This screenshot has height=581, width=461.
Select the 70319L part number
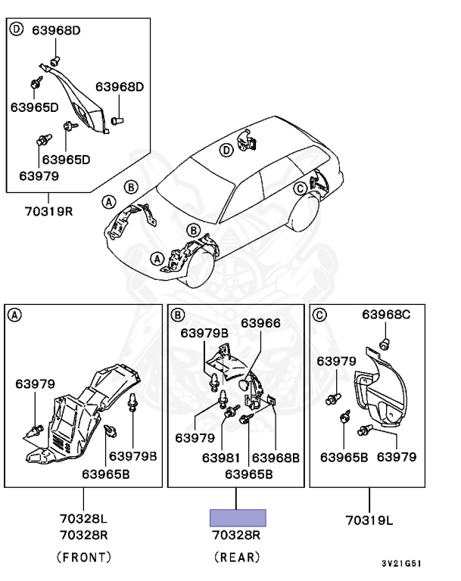click(370, 520)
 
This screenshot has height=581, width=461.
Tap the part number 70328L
click(83, 519)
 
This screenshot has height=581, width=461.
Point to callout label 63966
click(260, 323)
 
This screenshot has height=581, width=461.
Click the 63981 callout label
click(221, 457)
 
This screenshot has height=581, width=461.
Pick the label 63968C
click(385, 315)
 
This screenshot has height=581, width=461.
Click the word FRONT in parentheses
click(83, 558)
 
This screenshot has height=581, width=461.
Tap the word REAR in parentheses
click(238, 558)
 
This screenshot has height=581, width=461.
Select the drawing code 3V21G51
click(401, 564)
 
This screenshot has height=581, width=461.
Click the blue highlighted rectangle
click(238, 517)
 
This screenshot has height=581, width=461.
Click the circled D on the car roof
click(225, 151)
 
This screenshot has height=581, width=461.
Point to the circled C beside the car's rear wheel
click(300, 188)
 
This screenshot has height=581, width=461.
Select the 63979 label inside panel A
click(35, 384)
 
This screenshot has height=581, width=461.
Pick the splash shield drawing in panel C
click(382, 393)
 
